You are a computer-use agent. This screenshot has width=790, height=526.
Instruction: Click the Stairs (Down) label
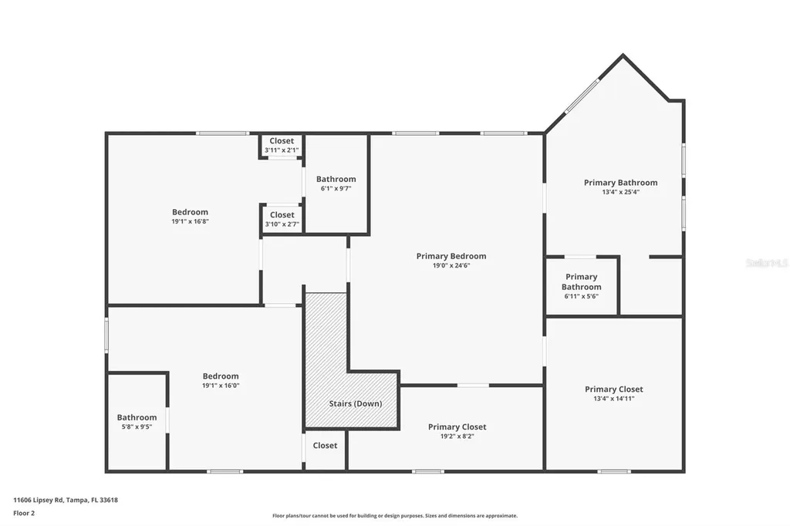355,403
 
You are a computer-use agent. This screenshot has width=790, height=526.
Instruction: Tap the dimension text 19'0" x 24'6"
451,265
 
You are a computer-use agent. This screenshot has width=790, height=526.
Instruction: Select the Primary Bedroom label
451,256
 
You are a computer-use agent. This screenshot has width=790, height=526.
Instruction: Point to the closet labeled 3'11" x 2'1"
282,145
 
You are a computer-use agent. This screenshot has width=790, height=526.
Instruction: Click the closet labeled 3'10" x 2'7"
282,219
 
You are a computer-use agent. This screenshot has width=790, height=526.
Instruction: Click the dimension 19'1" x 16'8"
190,221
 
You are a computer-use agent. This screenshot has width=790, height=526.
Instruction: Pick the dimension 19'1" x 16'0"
221,386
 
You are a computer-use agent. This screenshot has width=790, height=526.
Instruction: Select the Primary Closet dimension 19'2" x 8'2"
457,437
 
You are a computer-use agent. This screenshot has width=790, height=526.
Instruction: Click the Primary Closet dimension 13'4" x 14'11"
613,399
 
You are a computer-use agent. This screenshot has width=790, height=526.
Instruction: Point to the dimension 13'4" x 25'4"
621,192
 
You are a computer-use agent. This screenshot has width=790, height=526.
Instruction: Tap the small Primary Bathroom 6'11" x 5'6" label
582,286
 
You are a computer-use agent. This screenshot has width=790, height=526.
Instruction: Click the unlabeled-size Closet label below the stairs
325,445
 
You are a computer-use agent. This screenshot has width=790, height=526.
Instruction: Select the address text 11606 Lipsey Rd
39,501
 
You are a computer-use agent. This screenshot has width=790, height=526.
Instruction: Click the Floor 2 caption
24,514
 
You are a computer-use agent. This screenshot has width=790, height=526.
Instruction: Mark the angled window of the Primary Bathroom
582,96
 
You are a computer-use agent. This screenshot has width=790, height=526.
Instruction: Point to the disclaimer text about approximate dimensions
395,515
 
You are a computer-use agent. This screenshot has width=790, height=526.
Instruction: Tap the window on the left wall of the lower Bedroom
106,335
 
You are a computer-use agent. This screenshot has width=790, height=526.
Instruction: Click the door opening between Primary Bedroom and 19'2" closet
473,386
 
